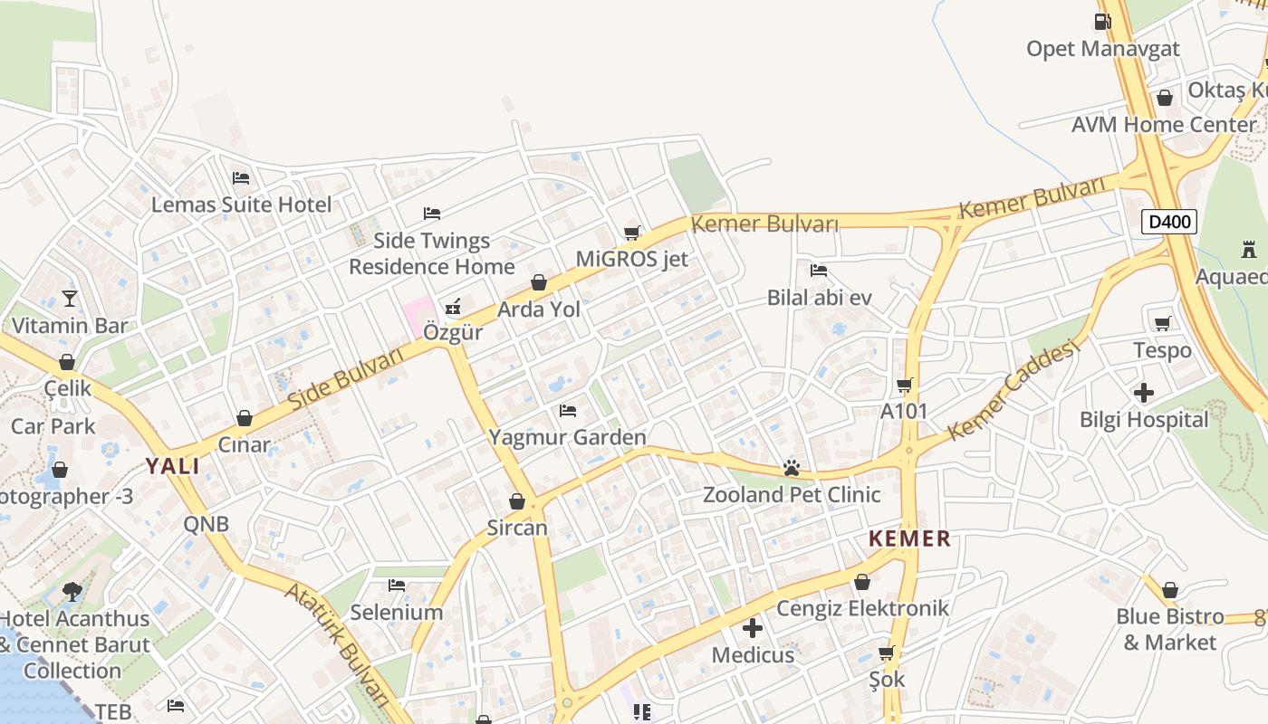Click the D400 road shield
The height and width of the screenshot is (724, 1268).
click(1169, 222)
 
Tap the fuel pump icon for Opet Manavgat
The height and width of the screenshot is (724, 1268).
click(1102, 21)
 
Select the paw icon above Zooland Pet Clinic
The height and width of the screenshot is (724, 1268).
click(792, 468)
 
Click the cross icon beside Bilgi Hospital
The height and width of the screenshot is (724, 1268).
click(1144, 393)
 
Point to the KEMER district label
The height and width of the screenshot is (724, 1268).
click(909, 539)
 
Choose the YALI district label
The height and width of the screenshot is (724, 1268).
click(173, 466)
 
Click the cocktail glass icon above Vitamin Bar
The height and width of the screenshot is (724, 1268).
click(70, 298)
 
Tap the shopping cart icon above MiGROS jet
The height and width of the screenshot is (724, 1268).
click(632, 233)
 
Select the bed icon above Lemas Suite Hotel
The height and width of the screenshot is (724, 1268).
click(240, 178)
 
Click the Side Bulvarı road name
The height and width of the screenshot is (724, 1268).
click(345, 377)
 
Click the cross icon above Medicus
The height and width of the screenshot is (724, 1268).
click(752, 627)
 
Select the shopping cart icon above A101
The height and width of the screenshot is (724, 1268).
click(904, 385)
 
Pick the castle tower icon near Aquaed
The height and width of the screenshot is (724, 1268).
click(1249, 249)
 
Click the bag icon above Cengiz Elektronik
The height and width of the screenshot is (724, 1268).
click(861, 582)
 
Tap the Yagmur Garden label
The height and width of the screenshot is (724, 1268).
click(567, 438)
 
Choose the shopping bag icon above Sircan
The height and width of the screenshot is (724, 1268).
click(517, 501)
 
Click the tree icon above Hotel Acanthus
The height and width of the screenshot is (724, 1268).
click(72, 592)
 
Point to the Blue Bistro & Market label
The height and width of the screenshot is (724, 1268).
click(1170, 629)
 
